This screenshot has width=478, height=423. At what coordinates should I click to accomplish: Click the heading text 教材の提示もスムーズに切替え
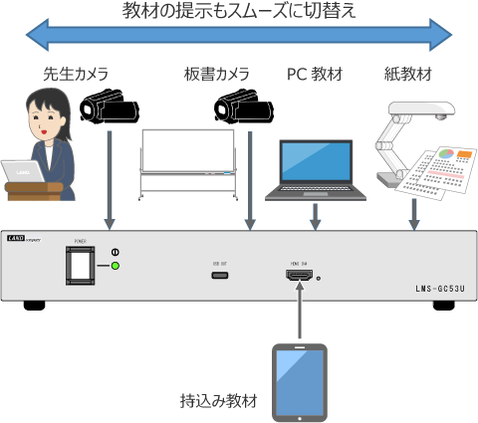(x=239, y=12)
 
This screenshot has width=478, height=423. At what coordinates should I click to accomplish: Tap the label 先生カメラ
(x=75, y=75)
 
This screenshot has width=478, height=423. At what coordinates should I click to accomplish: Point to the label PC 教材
(x=316, y=75)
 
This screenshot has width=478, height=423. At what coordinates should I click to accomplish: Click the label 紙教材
(x=407, y=75)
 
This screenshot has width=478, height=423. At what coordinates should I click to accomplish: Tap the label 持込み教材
(x=215, y=402)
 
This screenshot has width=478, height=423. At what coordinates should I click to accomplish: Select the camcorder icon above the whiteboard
(x=242, y=106)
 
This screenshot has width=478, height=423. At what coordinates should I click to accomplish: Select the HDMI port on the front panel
(x=298, y=274)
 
